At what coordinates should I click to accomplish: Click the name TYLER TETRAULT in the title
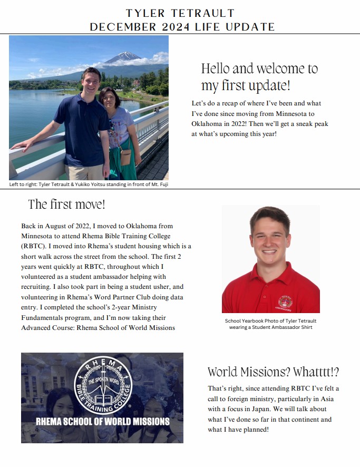click(180, 13)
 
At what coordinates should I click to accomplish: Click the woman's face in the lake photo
click(109, 98)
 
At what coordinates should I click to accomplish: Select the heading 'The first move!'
click(66, 205)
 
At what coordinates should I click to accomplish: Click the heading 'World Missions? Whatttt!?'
click(273, 372)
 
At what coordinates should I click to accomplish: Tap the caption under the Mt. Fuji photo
click(89, 184)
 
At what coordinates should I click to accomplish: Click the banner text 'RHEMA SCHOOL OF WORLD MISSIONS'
click(102, 422)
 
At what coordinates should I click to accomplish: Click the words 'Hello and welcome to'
click(259, 69)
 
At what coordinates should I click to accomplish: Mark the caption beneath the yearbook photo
click(270, 324)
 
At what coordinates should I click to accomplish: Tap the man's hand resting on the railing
click(17, 144)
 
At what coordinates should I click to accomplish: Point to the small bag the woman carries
click(125, 156)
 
